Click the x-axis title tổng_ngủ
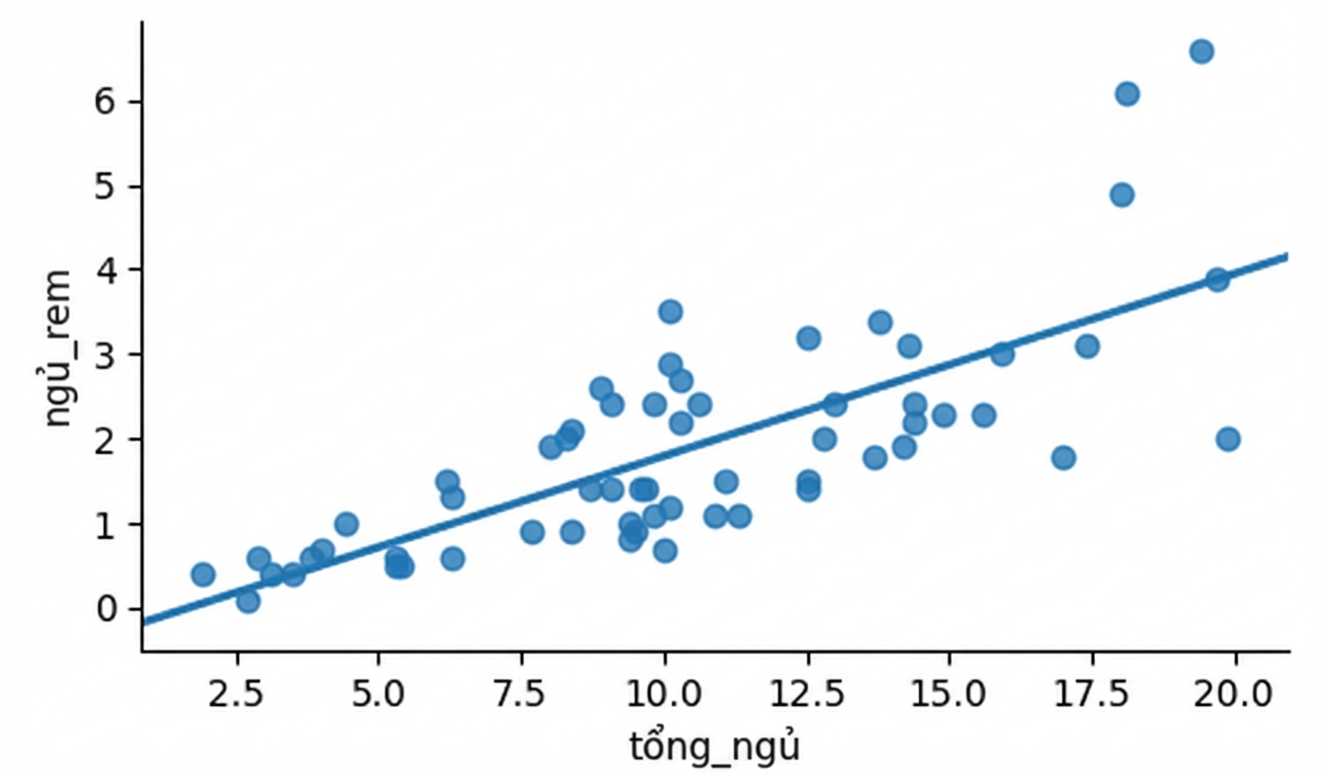click(x=714, y=746)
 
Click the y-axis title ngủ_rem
click(x=58, y=348)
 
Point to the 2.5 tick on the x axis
click(x=235, y=693)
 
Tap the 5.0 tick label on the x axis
click(x=378, y=693)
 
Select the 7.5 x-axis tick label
click(x=521, y=693)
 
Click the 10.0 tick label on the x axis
click(x=665, y=693)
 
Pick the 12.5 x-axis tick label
click(x=807, y=693)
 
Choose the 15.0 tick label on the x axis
click(x=950, y=693)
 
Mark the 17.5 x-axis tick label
click(x=1092, y=693)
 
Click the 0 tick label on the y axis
click(x=105, y=609)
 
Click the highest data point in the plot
click(x=1202, y=51)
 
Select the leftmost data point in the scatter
click(x=203, y=574)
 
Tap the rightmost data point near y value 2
click(x=1228, y=439)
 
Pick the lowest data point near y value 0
click(x=248, y=601)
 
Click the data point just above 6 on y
click(x=1127, y=94)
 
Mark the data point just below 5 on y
click(x=1121, y=194)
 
